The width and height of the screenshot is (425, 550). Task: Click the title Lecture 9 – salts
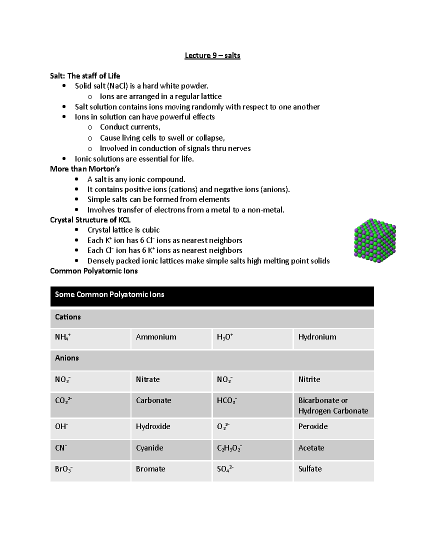click(212, 56)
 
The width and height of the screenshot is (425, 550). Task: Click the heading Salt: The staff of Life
click(85, 76)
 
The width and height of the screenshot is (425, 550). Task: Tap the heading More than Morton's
click(85, 169)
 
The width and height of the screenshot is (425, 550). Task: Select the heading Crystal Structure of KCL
click(90, 220)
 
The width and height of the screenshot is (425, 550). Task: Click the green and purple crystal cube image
click(375, 241)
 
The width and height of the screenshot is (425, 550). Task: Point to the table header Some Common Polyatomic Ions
click(109, 295)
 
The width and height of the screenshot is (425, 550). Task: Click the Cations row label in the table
click(68, 317)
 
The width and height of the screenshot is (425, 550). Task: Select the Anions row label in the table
click(67, 358)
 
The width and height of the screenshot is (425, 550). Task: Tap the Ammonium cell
click(156, 337)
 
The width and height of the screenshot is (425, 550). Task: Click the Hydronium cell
click(317, 337)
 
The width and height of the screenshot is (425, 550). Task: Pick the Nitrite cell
click(309, 380)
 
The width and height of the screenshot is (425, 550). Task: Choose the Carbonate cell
click(153, 401)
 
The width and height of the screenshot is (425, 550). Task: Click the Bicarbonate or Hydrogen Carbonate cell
click(333, 406)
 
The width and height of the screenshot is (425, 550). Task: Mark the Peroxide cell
click(313, 426)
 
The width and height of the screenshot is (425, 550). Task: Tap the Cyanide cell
click(149, 448)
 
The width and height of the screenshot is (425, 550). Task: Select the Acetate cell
click(311, 448)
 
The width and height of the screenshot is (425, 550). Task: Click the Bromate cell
click(151, 469)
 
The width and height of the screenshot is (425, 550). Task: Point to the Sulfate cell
click(310, 469)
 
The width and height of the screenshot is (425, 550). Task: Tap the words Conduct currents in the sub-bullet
click(130, 127)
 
